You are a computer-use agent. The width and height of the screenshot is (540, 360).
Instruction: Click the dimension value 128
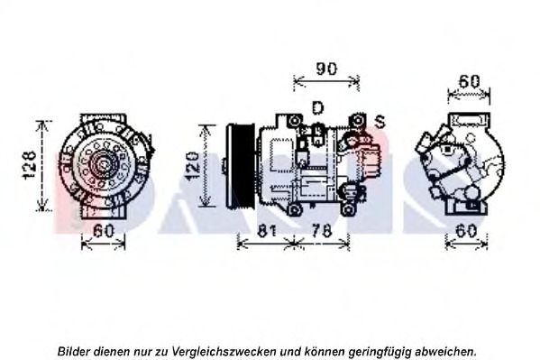click(30, 166)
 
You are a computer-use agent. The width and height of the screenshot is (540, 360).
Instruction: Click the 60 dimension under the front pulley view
click(105, 231)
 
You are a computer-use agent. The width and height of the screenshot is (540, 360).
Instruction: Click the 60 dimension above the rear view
click(468, 81)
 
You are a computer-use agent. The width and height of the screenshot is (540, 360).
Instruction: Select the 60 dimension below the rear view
click(467, 231)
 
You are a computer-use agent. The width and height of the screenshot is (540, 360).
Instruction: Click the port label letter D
click(317, 108)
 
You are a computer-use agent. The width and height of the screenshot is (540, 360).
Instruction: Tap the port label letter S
click(380, 120)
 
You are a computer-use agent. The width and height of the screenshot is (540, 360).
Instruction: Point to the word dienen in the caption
click(120, 350)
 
